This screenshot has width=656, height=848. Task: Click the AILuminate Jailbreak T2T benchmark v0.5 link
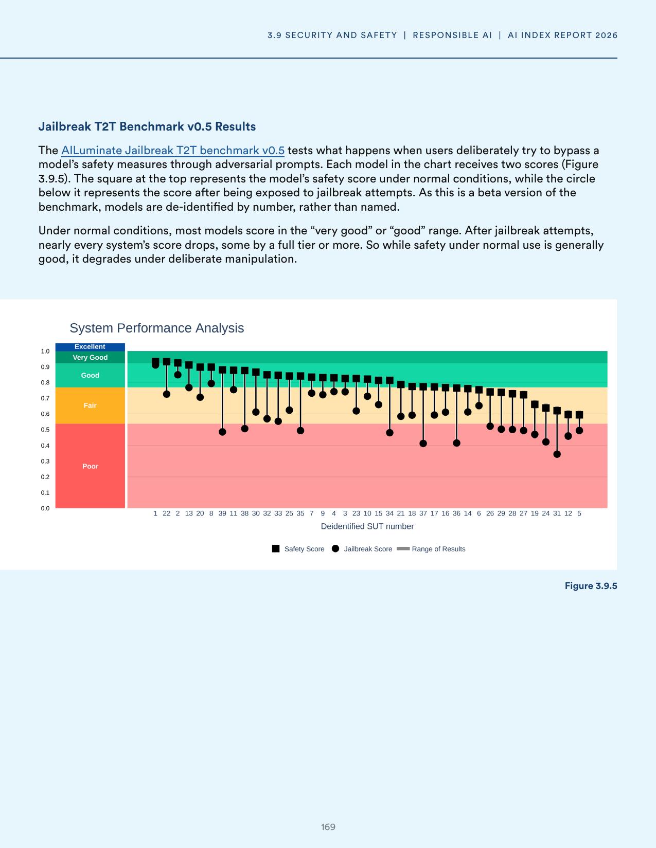(172, 151)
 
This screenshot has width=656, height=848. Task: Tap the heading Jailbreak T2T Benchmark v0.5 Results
(147, 126)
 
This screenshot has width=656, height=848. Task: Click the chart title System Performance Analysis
(156, 328)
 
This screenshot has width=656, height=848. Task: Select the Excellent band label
(90, 347)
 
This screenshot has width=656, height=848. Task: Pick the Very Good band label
(90, 358)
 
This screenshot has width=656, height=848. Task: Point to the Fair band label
(90, 405)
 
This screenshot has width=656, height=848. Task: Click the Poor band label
(90, 466)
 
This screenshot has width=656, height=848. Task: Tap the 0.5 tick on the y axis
(45, 430)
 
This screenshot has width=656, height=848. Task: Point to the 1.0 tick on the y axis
(45, 352)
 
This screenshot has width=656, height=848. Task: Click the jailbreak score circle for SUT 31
(557, 454)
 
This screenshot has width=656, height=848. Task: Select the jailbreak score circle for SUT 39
(222, 432)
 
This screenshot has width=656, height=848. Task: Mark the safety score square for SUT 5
(579, 415)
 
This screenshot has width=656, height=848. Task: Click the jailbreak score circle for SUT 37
(423, 444)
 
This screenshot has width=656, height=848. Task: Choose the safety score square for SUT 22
(167, 362)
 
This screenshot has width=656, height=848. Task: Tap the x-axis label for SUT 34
(389, 513)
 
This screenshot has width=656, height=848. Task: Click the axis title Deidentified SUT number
(367, 526)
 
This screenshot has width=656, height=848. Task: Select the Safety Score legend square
(276, 549)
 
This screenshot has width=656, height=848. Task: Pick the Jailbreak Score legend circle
(335, 549)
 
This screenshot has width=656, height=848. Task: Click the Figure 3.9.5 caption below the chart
(591, 586)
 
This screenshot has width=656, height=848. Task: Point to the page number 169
(328, 827)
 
